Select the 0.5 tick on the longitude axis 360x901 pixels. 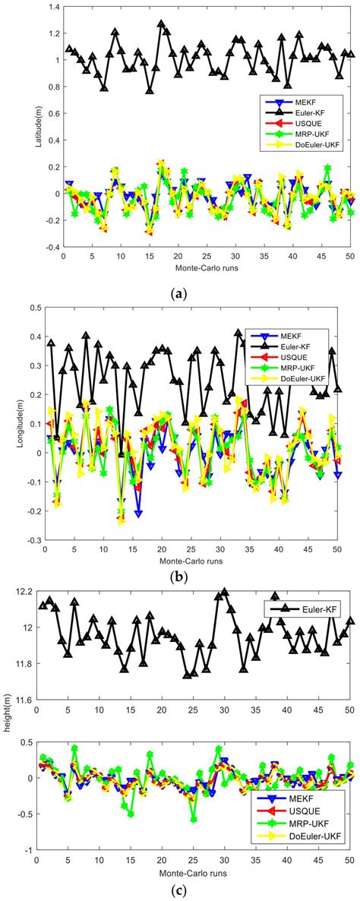(31, 308)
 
